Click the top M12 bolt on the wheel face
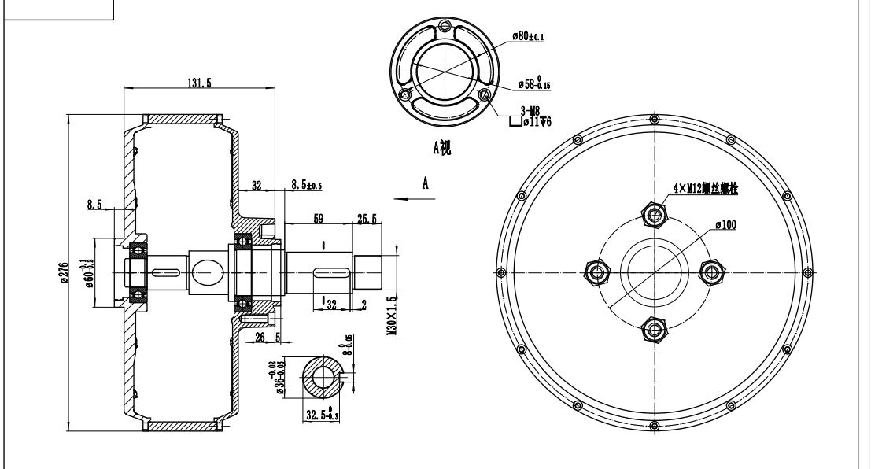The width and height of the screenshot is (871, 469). pos(652,212)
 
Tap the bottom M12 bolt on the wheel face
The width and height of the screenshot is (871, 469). pos(652,328)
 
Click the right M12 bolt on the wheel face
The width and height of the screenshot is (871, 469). pos(712,271)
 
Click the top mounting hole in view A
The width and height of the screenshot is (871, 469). pos(446,28)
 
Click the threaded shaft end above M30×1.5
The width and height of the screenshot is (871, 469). pos(367,271)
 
